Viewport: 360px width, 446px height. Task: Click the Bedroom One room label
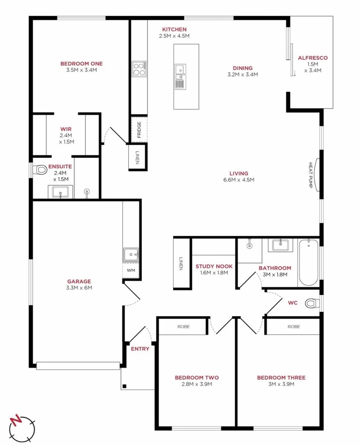[81, 64]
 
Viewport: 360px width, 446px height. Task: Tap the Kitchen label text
[174, 29]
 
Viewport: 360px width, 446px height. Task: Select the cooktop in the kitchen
[139, 69]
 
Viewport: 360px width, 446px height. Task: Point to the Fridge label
[139, 130]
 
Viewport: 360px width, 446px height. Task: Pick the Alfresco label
[312, 58]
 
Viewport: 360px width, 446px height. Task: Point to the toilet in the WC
[312, 304]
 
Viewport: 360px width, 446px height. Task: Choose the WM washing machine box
[131, 270]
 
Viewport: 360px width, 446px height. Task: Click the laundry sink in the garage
[131, 254]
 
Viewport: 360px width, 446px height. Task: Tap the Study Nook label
[214, 267]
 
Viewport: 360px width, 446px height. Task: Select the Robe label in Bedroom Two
[184, 326]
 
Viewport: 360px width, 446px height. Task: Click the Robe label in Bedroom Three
[293, 326]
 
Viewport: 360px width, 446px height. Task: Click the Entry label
[140, 349]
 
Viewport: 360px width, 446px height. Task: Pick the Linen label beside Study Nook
[181, 264]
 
